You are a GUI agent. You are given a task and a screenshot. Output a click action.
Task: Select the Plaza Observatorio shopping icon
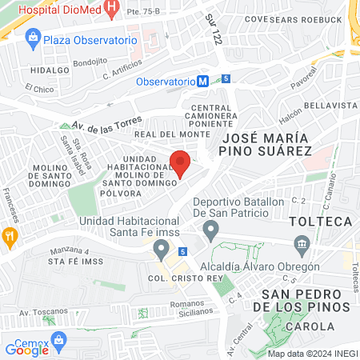coord(32,37)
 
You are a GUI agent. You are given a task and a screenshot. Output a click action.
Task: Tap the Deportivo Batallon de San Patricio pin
coord(211,232)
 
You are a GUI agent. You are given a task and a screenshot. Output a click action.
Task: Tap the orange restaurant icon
coord(10,236)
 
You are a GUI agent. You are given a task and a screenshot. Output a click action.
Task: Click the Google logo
coord(27,349)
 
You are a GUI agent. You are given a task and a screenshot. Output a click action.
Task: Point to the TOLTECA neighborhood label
coord(320,220)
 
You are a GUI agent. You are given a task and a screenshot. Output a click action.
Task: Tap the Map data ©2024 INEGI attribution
coord(311,354)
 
